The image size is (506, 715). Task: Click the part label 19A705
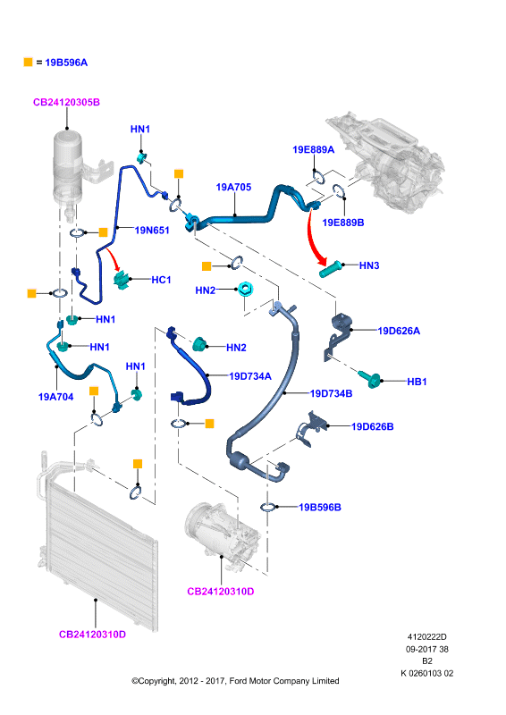coord(233,187)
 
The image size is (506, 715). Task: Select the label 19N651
coord(152,231)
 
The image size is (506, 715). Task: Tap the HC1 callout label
coord(161,280)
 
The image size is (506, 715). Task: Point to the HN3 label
coord(369,265)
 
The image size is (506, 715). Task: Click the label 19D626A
coord(399,331)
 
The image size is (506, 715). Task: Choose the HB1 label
coord(417,382)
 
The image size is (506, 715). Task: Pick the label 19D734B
coord(332,393)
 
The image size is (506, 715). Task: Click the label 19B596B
coord(320,508)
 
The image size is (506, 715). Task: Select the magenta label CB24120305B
coord(67,102)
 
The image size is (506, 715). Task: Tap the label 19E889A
coord(314,149)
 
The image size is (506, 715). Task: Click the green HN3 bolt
coord(330,268)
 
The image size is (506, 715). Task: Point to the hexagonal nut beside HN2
coord(245,289)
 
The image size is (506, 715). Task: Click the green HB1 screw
coord(370,378)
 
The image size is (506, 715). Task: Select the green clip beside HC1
coord(122,279)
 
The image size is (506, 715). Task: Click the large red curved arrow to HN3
coord(313,238)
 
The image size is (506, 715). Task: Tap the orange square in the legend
coord(29,62)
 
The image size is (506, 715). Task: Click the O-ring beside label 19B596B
coord(268,507)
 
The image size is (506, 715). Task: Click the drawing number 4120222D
coord(427,637)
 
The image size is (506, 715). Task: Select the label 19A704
coord(55,397)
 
